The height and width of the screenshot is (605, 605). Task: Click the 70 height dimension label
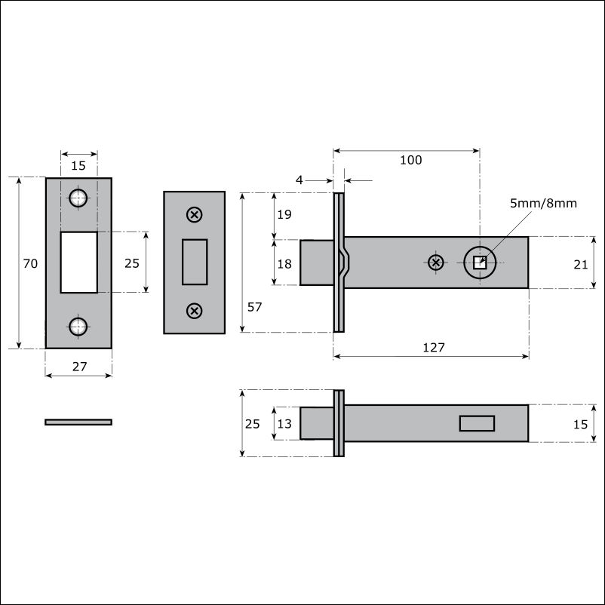point(30,263)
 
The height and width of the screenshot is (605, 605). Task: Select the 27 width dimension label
point(79,366)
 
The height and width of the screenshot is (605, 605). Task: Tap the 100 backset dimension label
point(410,160)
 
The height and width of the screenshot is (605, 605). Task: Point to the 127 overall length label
point(434,347)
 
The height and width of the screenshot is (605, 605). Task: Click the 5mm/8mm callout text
point(543,203)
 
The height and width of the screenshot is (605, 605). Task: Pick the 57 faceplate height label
point(255,307)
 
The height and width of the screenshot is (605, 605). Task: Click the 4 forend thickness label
point(299,180)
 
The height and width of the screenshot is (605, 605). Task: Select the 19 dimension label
point(284,214)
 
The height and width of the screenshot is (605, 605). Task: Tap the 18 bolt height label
point(284,263)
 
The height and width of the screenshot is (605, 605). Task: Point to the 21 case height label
point(580,264)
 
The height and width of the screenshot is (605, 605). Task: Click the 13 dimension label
point(284,424)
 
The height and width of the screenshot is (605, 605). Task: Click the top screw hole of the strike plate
point(78,198)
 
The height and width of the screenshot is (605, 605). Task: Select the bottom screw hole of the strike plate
point(78,327)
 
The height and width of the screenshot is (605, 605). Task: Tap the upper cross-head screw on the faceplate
point(195,214)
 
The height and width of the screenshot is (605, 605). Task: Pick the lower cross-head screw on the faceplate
point(195,311)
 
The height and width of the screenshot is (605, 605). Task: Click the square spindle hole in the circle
point(480,263)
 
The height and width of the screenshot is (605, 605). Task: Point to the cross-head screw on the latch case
point(435,263)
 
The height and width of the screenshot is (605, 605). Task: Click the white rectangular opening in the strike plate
point(78,262)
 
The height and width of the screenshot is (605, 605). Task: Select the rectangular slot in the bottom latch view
point(477,423)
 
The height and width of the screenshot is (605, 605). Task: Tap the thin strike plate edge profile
point(78,422)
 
